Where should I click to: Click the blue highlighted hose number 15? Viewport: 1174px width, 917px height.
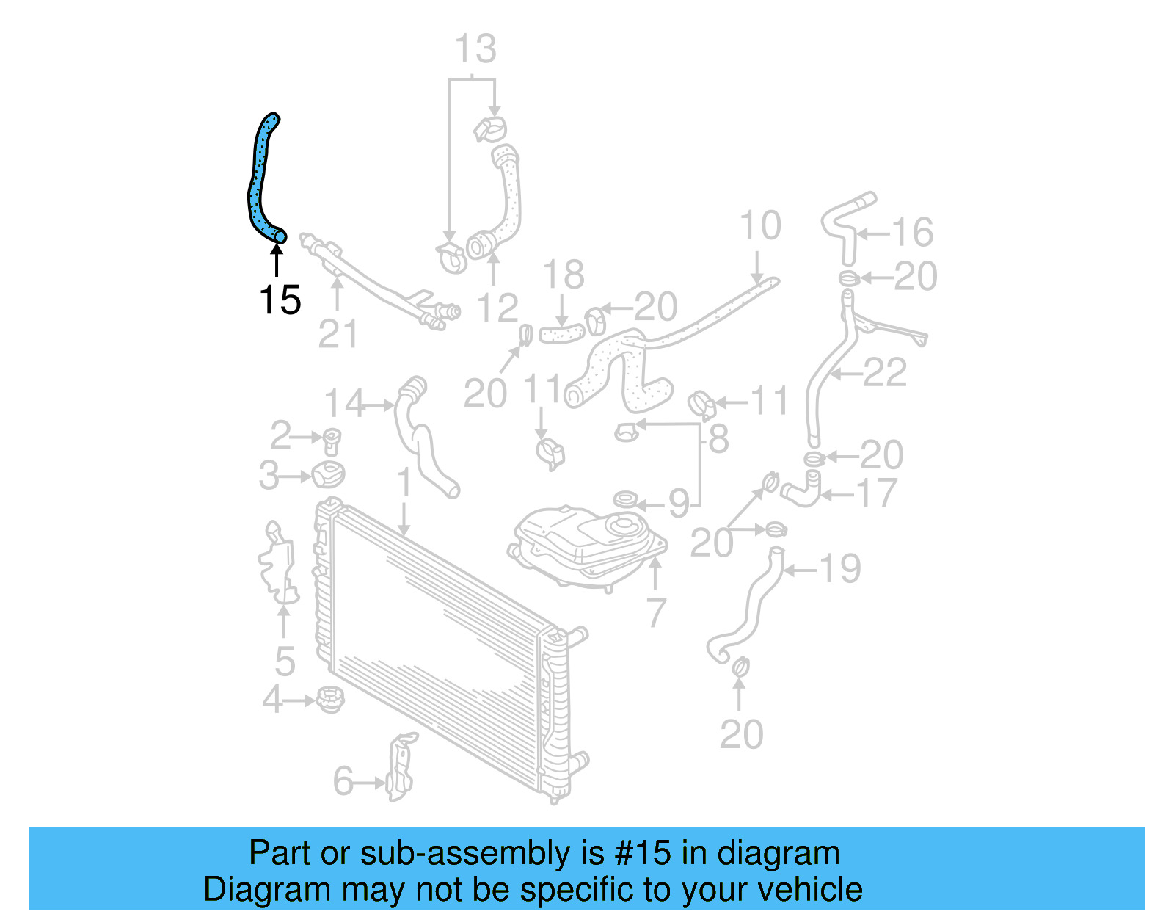258,184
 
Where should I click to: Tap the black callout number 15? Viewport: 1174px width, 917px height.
280,300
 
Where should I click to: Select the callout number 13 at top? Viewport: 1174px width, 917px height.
475,50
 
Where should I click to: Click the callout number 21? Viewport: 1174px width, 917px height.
338,335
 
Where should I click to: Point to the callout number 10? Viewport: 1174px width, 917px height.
760,226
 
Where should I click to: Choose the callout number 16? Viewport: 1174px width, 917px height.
912,233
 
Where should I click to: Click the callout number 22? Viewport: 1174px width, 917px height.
885,373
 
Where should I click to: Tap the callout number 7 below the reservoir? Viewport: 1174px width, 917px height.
656,612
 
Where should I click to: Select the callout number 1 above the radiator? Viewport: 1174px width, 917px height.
404,483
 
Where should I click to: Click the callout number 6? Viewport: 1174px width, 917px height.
343,781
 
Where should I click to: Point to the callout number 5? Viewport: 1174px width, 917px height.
285,662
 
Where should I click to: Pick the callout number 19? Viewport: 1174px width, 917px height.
839,569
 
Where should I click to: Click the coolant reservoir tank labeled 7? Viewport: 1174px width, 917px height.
587,543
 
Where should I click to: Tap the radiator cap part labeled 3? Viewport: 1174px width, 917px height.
328,474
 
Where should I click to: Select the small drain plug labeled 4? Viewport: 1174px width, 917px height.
329,699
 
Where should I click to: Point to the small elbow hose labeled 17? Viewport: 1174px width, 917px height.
802,490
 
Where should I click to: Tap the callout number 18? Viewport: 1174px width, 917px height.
564,275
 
